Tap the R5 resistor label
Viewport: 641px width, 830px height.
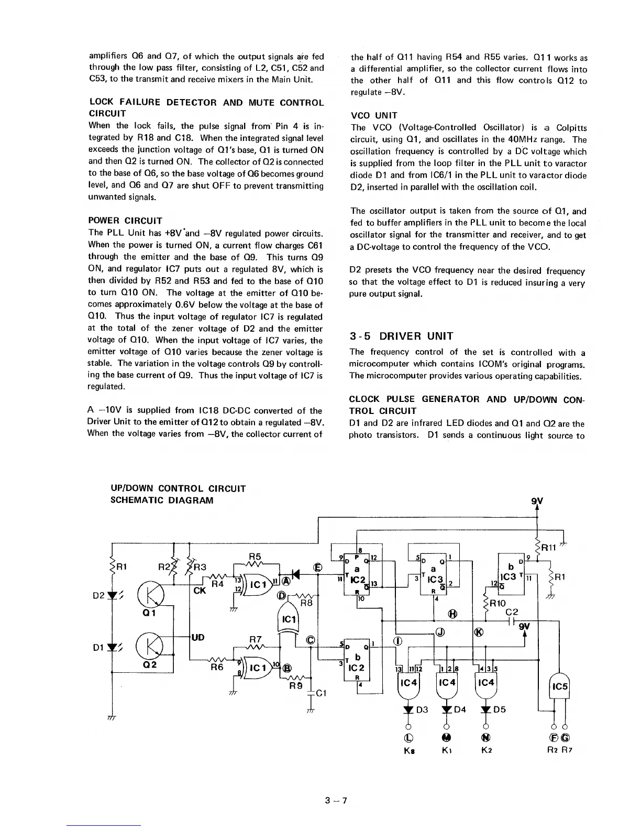coord(255,555)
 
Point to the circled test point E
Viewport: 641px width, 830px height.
coord(317,567)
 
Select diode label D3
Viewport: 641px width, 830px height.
coord(422,710)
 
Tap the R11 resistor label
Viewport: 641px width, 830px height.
coord(550,549)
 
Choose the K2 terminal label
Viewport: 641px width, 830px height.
coord(486,750)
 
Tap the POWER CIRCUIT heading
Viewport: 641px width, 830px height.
coord(126,221)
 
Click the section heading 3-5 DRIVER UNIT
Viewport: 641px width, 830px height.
coord(401,336)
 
